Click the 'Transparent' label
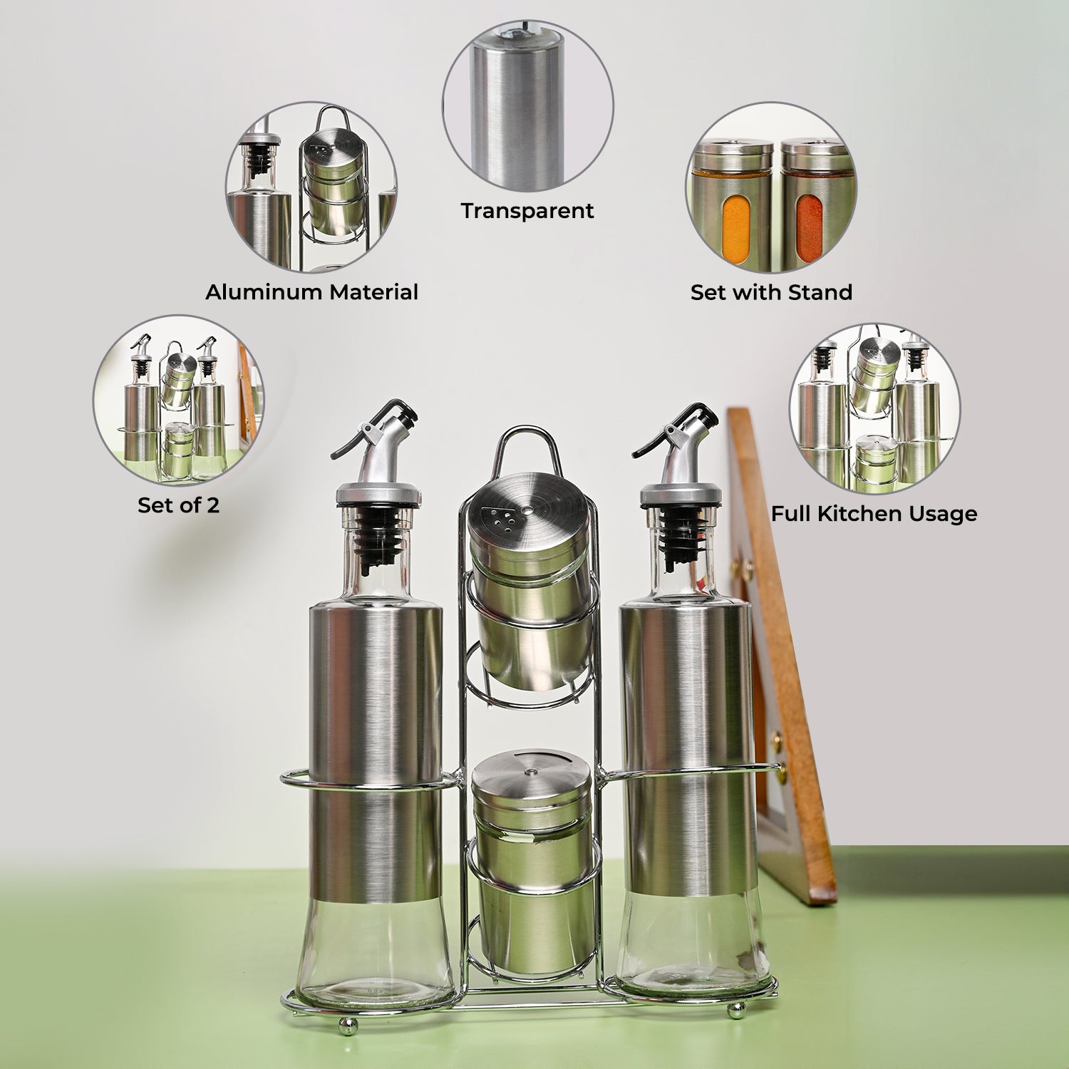(527, 210)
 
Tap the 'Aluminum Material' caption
(311, 292)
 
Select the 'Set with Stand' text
(771, 292)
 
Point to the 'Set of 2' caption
(178, 505)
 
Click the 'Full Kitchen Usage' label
(874, 514)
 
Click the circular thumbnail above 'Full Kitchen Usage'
(874, 408)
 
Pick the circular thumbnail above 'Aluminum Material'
(311, 187)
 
